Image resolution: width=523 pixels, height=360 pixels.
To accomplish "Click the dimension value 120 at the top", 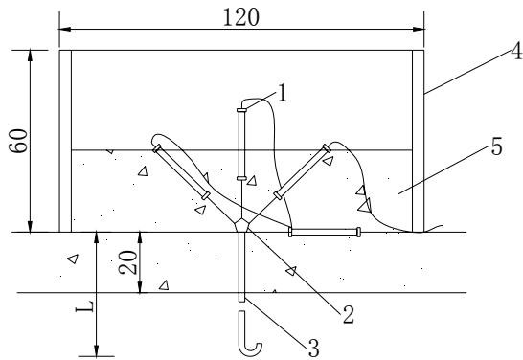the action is point(240,17).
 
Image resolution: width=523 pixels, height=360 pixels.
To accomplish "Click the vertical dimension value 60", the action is point(18,141).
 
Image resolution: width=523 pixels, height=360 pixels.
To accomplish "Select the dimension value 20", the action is point(128,262).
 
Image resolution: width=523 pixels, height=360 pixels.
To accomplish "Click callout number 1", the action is point(283,93).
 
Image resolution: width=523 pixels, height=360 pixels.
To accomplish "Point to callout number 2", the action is point(349,314).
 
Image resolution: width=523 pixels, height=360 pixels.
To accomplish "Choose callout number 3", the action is point(313,348).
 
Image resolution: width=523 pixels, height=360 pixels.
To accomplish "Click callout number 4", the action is point(517,52).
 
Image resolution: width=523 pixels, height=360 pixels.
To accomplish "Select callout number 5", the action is point(496,146).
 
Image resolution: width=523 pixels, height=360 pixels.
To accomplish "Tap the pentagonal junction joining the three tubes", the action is point(241,225).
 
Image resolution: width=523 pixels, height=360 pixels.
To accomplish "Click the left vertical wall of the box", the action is point(65,141).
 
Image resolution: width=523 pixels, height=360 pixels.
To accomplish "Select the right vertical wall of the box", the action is point(419,141).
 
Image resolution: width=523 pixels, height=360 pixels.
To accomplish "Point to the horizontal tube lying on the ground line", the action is point(324,232).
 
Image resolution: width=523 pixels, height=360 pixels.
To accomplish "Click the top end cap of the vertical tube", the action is point(241,110).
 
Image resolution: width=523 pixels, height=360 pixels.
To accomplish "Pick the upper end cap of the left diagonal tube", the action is point(157,148).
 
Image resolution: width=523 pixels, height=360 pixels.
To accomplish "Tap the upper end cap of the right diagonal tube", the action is point(327,148).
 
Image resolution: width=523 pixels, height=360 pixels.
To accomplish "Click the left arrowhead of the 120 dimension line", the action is point(65,30).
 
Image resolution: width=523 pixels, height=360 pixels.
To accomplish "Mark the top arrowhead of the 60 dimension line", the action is point(30,56).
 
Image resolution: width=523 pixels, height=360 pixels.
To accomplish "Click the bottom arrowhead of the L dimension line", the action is point(97,350).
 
